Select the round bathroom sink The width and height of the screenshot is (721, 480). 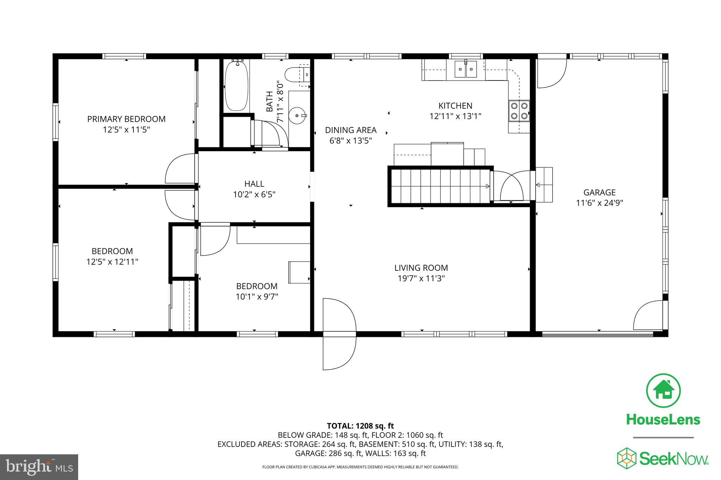click(x=298, y=115)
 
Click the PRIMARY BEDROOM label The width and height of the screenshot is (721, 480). click(x=126, y=119)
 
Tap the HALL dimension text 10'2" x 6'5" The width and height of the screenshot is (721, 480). click(x=254, y=194)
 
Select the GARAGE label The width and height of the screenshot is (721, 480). click(x=599, y=192)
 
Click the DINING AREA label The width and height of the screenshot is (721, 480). click(x=351, y=130)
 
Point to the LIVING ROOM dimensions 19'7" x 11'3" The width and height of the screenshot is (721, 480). click(x=421, y=279)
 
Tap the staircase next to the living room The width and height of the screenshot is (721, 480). click(x=440, y=186)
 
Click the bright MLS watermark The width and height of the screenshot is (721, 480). click(x=39, y=467)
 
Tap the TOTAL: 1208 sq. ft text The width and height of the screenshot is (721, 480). click(x=360, y=426)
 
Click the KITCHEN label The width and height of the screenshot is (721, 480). click(x=455, y=106)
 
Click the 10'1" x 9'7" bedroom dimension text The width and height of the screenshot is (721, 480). click(x=257, y=297)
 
